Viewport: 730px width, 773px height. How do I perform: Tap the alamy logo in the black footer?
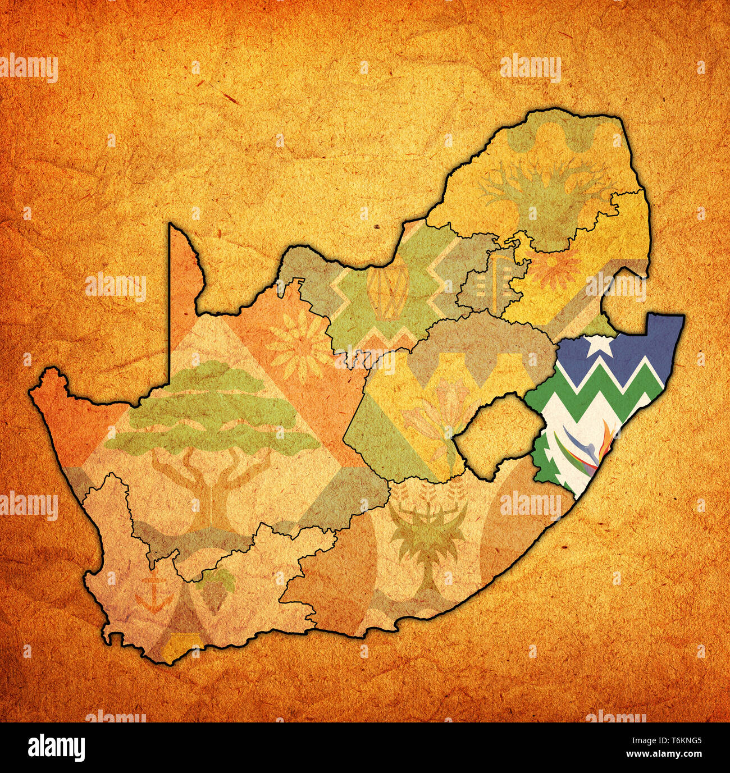pos(57,747)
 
